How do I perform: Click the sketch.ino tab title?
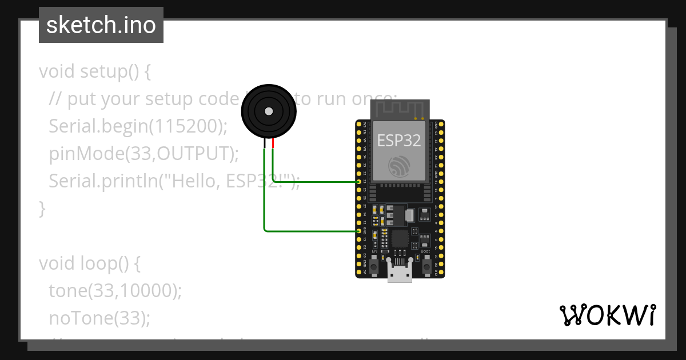click(x=101, y=25)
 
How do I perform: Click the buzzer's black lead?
click(x=264, y=145)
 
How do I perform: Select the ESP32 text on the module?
click(x=400, y=140)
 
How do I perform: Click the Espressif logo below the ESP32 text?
click(x=400, y=165)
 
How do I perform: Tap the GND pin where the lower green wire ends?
click(x=358, y=231)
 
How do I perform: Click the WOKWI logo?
click(x=607, y=315)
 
